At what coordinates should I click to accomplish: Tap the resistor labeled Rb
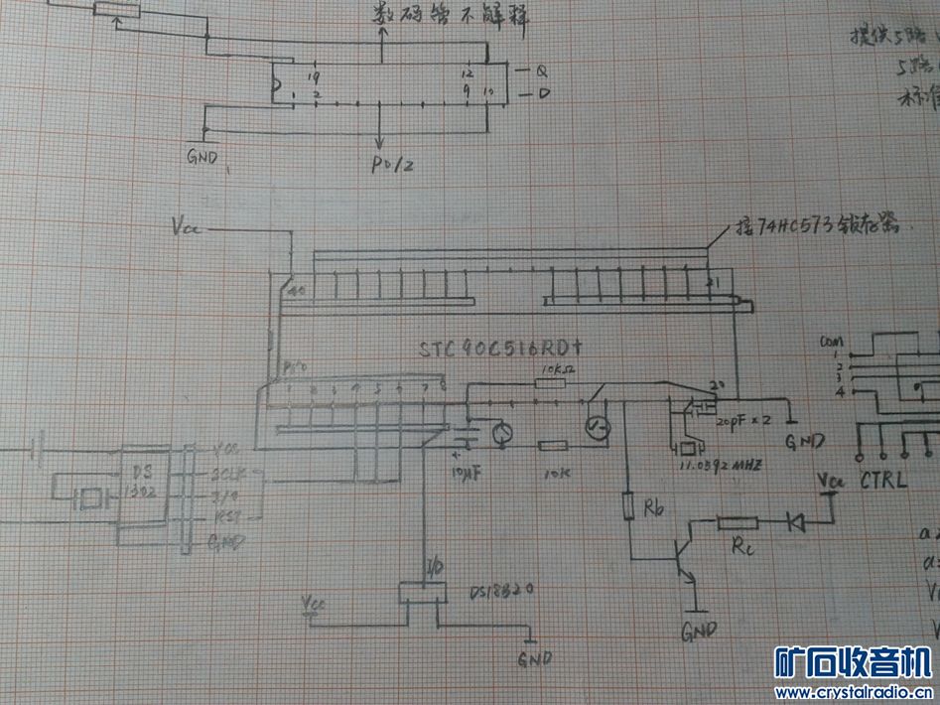pyautogui.click(x=627, y=508)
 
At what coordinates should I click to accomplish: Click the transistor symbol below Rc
pyautogui.click(x=683, y=559)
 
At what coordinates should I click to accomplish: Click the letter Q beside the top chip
pyautogui.click(x=542, y=71)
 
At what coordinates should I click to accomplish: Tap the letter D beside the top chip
pyautogui.click(x=544, y=94)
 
